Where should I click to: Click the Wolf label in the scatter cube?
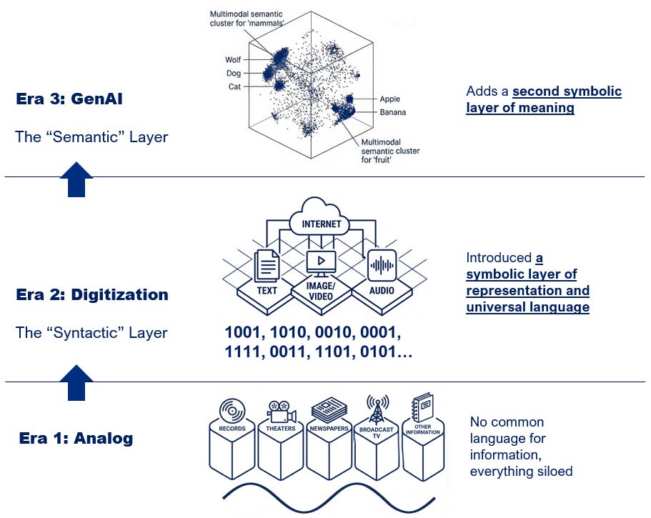233,60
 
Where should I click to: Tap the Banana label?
393,112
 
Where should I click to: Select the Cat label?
234,86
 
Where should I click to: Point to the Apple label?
390,99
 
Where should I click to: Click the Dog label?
234,73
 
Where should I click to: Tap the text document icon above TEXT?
267,266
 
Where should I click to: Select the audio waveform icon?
382,265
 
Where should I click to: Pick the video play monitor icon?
321,264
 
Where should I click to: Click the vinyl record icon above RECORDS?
232,412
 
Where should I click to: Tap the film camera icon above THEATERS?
281,412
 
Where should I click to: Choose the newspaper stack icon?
329,411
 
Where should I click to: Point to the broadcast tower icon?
377,410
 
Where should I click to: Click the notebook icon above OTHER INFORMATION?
422,407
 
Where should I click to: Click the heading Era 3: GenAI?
69,99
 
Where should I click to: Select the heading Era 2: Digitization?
92,294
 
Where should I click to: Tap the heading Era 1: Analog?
76,438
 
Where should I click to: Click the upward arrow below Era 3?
76,180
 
